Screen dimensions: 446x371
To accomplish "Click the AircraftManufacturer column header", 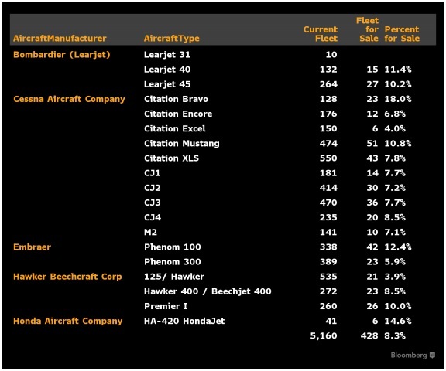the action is [60, 38].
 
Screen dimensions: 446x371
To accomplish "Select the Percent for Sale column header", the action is [402, 34].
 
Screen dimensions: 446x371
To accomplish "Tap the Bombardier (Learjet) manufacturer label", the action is [62, 55].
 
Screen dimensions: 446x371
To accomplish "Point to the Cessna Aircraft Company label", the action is [69, 99].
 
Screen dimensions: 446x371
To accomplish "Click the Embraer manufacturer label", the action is [33, 247].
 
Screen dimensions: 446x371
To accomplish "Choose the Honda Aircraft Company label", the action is [67, 321].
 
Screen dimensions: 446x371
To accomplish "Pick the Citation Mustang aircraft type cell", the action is [182, 143].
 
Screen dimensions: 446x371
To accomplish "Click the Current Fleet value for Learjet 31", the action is [331, 55].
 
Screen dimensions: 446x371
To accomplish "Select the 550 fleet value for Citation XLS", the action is [328, 158].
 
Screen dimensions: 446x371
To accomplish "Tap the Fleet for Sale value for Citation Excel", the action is [376, 128].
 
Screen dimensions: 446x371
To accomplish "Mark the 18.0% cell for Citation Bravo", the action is [398, 99].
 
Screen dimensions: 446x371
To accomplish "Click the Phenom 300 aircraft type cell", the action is [173, 261].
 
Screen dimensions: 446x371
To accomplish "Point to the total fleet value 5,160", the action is [324, 335].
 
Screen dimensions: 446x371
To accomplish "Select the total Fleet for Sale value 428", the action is [369, 335].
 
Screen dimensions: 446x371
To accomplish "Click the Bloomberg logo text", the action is [409, 355].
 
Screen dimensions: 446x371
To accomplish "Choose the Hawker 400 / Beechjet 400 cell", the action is [208, 291].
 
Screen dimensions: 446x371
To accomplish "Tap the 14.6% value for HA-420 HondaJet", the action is [398, 321].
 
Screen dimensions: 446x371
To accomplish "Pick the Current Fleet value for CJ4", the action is [328, 217].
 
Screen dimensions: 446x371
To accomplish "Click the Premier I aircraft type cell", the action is [166, 306].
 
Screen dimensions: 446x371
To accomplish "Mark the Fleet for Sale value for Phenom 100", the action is [372, 247].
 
